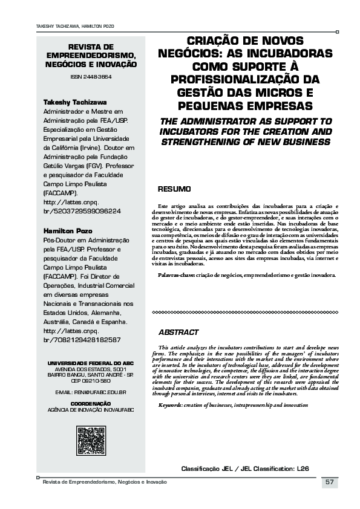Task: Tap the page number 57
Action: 330,482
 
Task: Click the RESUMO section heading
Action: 174,190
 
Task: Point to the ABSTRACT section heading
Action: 178,332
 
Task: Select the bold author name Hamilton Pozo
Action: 68,231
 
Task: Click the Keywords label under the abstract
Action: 174,404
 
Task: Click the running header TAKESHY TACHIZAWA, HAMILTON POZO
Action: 67,27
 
